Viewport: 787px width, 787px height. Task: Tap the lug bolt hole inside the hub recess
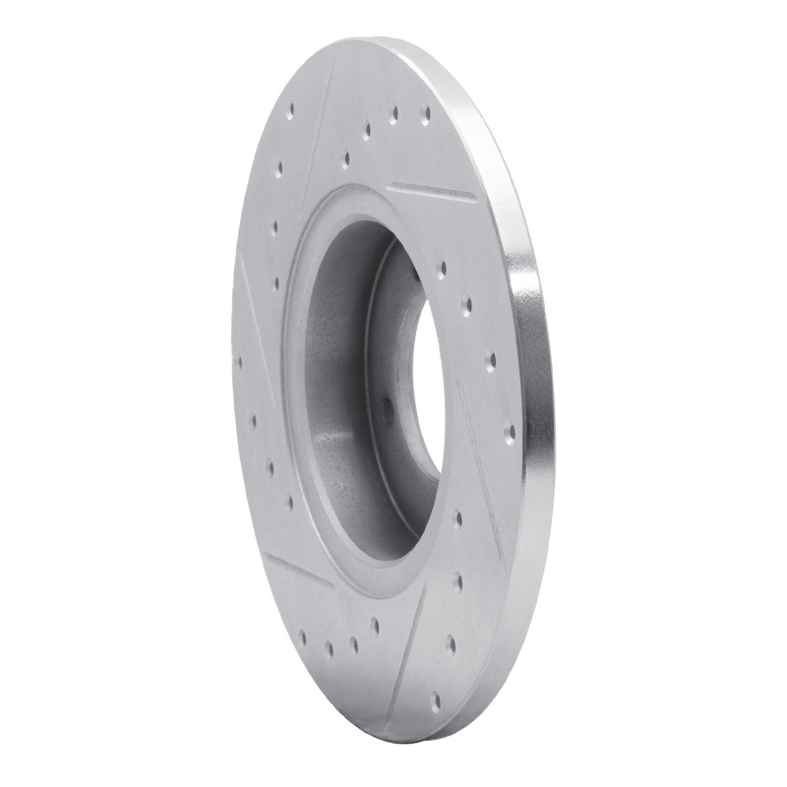[387, 413]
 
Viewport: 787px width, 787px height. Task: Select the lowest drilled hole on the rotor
[436, 700]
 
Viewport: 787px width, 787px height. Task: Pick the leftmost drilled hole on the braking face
[238, 361]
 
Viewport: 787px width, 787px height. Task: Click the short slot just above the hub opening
[431, 190]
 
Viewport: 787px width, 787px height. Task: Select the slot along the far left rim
[248, 305]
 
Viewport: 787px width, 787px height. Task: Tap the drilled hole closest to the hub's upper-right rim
[441, 266]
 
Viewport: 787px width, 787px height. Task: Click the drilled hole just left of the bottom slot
[375, 624]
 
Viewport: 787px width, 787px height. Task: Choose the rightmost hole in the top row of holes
[425, 115]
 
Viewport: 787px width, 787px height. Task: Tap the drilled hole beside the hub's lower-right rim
[457, 516]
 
